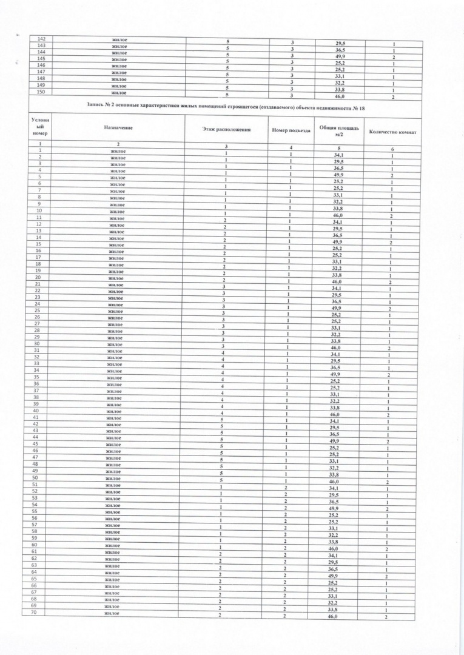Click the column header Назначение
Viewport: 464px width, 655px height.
click(x=118, y=128)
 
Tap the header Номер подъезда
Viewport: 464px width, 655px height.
click(x=291, y=130)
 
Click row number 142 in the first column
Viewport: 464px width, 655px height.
click(x=41, y=39)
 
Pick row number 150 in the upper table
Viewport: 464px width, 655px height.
click(x=41, y=92)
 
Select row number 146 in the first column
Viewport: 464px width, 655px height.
click(x=41, y=65)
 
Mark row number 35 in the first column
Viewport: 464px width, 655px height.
click(x=36, y=377)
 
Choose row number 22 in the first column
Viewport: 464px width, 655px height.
click(x=38, y=291)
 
